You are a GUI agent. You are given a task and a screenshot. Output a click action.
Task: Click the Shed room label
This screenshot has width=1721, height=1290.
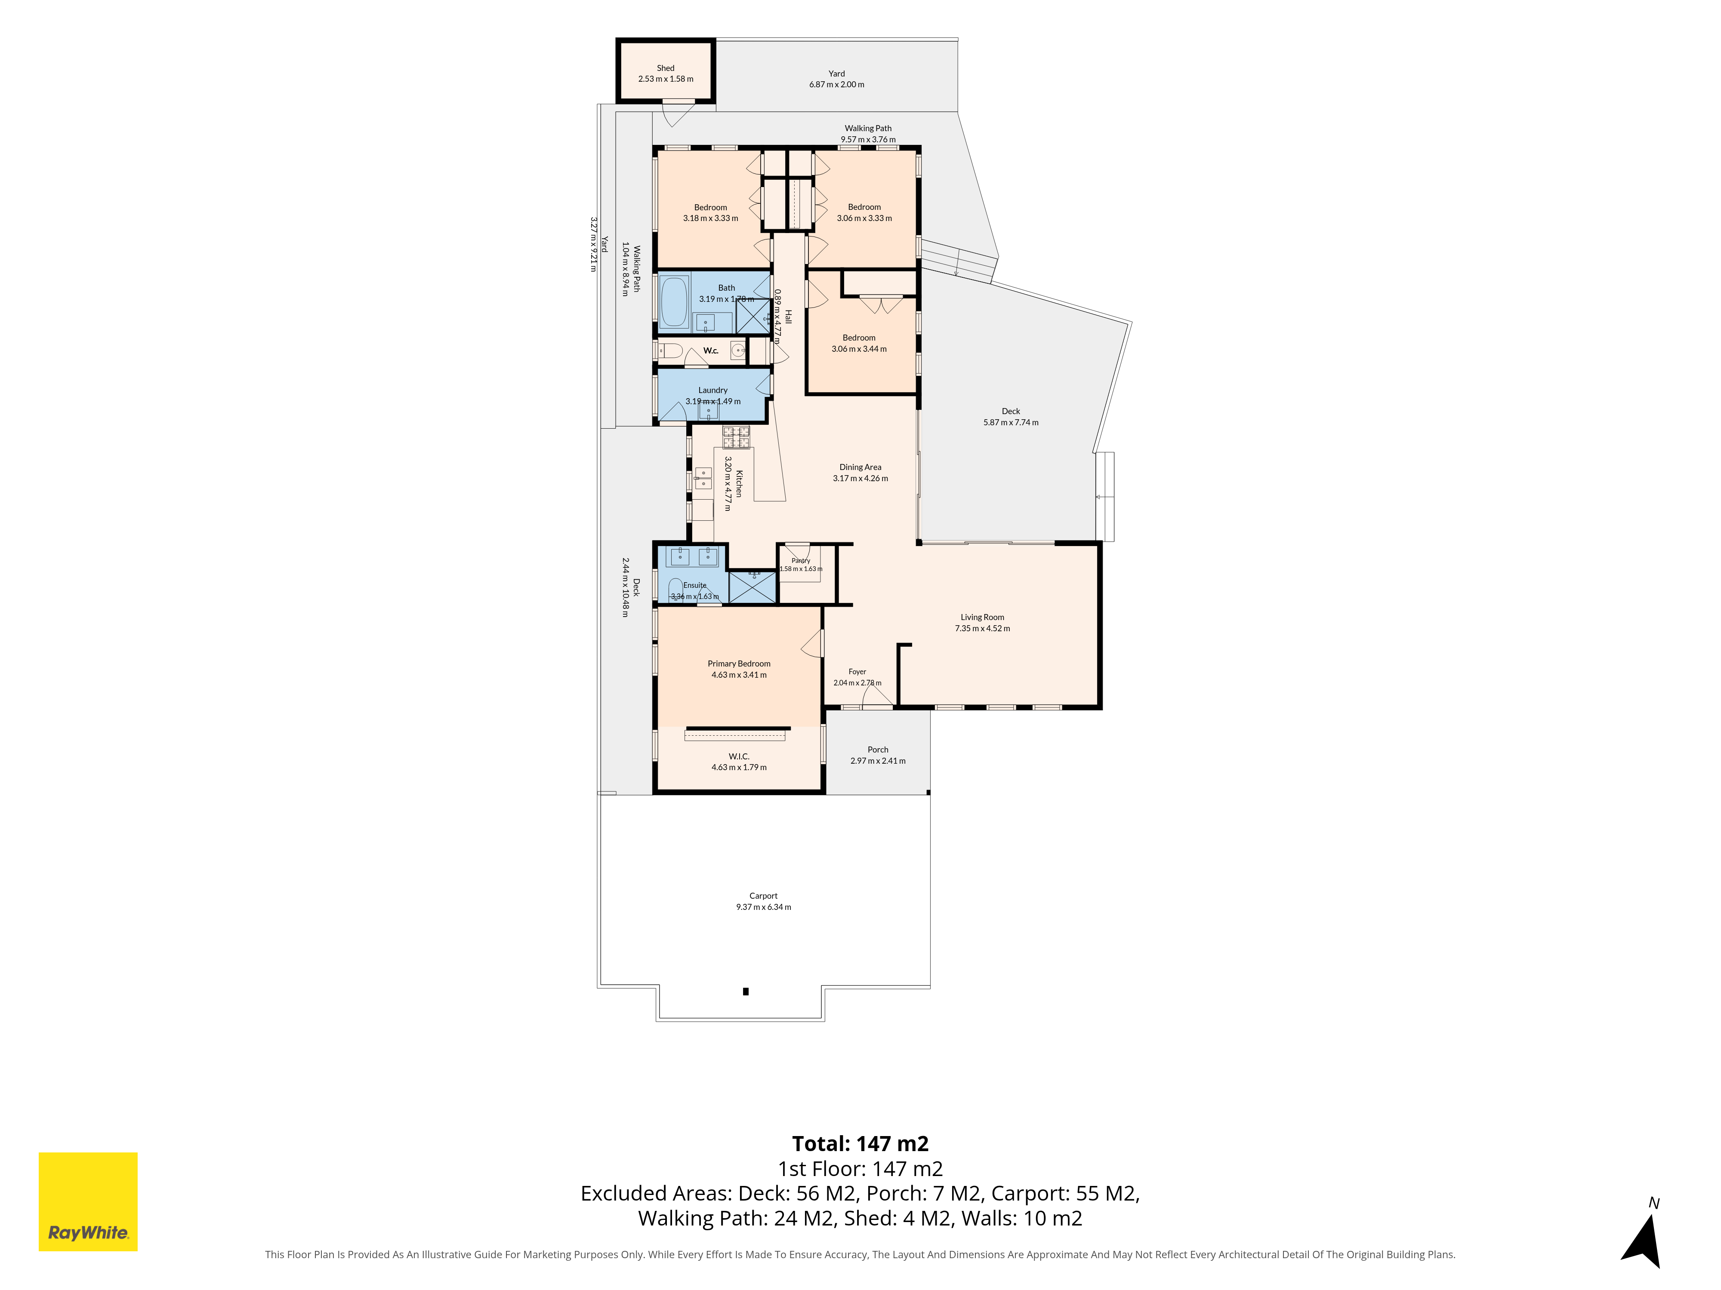pos(665,68)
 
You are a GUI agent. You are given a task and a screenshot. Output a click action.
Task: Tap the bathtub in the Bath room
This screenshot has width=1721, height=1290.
pos(674,302)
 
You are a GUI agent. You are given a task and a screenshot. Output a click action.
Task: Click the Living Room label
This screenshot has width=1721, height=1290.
pos(982,617)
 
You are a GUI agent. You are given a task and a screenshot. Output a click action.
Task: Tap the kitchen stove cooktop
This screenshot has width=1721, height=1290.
pos(736,437)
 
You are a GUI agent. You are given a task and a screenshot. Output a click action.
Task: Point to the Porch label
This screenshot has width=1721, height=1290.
pos(878,749)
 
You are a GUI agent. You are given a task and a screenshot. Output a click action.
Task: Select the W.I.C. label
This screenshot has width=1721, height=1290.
pos(739,756)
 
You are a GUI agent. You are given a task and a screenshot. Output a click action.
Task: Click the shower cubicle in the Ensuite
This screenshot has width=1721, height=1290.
pos(753,586)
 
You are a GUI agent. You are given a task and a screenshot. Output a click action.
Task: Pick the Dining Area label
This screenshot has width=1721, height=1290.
pos(860,467)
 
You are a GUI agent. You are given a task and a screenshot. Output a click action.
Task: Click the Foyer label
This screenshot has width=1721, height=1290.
pos(857,672)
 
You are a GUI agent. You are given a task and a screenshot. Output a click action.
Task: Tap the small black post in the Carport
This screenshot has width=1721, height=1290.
pos(745,992)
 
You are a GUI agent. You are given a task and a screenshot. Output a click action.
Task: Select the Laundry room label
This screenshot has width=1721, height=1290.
pos(712,390)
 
